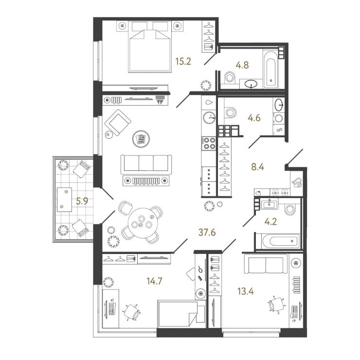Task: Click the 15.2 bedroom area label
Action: [x=183, y=61]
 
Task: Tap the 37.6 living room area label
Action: [x=207, y=233]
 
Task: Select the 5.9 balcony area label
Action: [x=82, y=201]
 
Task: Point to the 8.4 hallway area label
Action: [x=258, y=167]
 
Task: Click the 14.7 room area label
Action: [x=155, y=281]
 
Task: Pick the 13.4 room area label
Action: [x=246, y=291]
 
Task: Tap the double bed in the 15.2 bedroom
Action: [x=150, y=47]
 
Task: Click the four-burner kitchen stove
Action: [x=209, y=143]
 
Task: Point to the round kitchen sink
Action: [x=209, y=118]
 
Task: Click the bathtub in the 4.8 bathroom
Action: [x=270, y=70]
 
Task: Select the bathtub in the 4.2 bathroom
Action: [x=278, y=241]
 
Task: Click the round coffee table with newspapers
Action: [x=141, y=139]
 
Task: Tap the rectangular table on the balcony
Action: [x=65, y=199]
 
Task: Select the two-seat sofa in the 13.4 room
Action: [x=266, y=264]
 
